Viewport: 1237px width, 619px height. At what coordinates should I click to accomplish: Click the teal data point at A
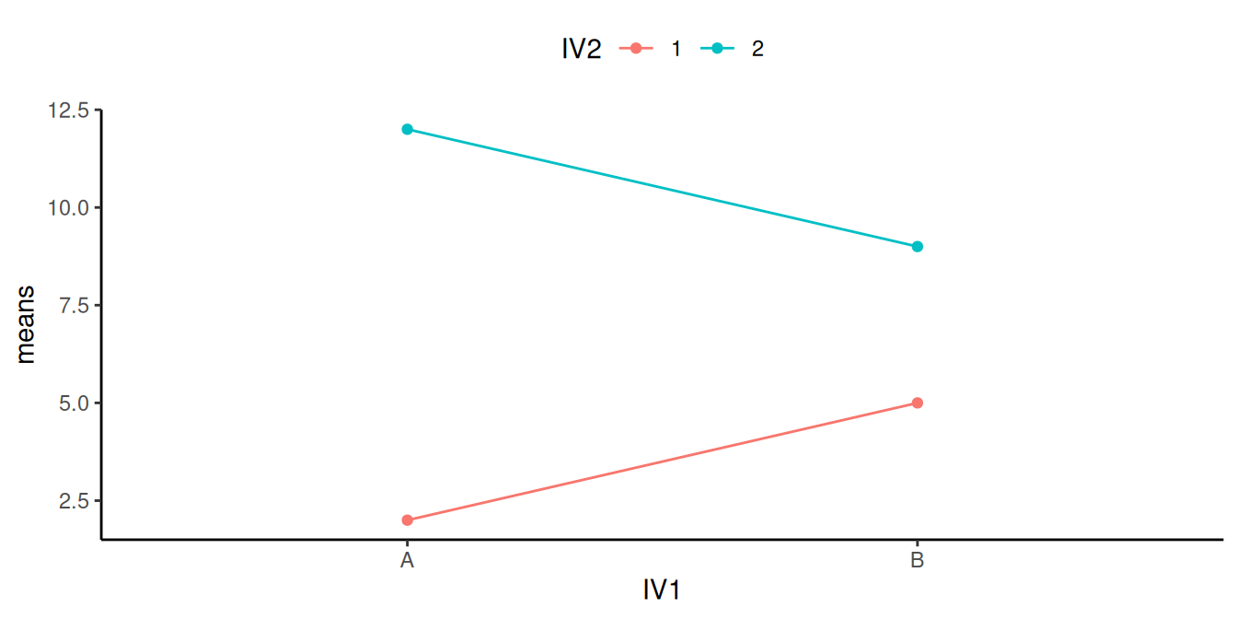407,129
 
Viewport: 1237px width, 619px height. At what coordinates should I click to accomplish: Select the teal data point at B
917,246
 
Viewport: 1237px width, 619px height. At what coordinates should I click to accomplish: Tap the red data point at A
407,520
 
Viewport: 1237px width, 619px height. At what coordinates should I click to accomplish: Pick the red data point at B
917,403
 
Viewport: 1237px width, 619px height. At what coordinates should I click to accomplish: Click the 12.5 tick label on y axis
70,111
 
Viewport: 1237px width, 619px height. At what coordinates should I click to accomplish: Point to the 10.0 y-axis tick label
70,207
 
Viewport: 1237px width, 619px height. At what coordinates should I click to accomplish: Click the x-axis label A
407,560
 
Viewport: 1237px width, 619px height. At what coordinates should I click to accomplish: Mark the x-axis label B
917,560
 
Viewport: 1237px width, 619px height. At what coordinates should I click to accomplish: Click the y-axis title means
27,324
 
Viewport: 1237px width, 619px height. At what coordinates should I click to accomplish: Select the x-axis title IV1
661,590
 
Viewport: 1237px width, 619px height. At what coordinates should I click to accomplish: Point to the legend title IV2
582,49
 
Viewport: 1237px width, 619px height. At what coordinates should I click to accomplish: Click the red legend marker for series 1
635,49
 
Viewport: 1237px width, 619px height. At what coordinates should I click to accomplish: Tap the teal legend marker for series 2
717,49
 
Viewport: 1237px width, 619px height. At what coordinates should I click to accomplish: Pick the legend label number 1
676,49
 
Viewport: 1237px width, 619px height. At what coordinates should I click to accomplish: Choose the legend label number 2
757,49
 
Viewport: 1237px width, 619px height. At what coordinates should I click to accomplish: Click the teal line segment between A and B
662,188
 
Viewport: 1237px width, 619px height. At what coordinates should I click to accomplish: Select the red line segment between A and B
662,461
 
